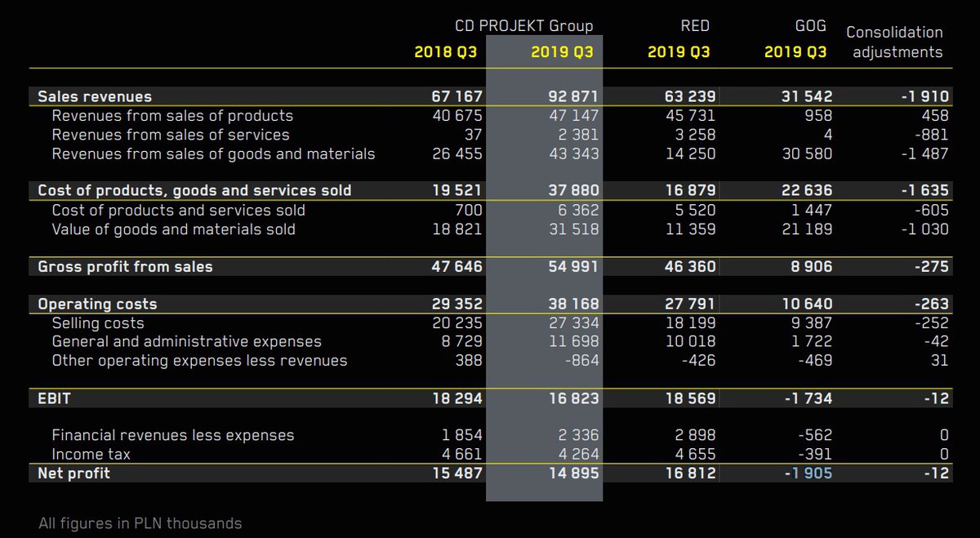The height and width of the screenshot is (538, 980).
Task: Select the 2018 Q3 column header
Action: pyautogui.click(x=445, y=52)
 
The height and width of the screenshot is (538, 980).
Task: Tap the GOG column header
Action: pyautogui.click(x=809, y=26)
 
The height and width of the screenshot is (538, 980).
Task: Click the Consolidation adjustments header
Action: pyautogui.click(x=894, y=42)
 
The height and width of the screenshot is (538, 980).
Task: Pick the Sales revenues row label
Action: pyautogui.click(x=95, y=97)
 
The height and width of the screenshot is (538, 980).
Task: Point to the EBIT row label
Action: pyautogui.click(x=55, y=398)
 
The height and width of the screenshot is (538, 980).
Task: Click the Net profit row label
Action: pyautogui.click(x=73, y=473)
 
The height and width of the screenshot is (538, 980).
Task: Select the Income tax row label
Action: pyautogui.click(x=91, y=454)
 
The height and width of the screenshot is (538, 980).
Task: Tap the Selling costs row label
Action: pyautogui.click(x=98, y=323)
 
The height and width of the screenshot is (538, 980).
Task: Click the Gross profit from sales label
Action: pyautogui.click(x=126, y=267)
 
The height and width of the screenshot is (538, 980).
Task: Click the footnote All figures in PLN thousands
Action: pyautogui.click(x=140, y=523)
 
